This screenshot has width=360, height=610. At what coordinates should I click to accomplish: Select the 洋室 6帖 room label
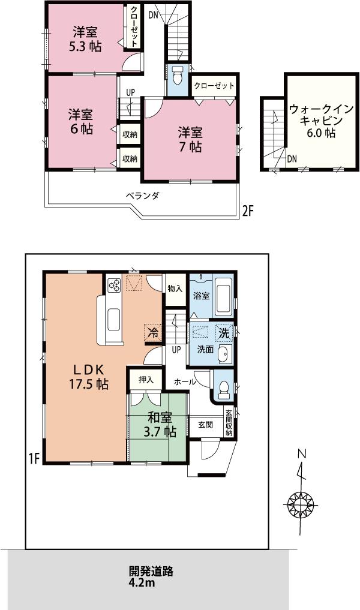click(80, 121)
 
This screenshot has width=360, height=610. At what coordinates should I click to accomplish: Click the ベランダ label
click(142, 196)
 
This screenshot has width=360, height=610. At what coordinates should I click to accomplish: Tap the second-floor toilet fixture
click(177, 77)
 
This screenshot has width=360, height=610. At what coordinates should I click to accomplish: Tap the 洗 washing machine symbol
click(224, 332)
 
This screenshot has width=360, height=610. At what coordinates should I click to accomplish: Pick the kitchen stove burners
click(113, 285)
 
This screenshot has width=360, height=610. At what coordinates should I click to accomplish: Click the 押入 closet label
click(146, 379)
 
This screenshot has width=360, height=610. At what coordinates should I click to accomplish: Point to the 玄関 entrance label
click(205, 425)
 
